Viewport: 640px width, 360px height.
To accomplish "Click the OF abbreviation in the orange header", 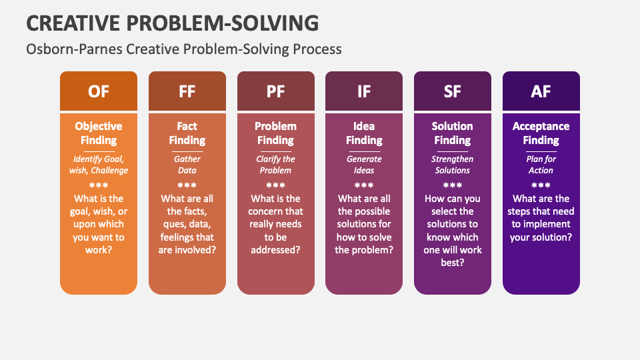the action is [99, 91].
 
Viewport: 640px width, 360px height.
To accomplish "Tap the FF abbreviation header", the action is [187, 91].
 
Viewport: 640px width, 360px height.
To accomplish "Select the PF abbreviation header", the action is [275, 91].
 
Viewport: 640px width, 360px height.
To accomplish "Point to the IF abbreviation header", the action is [364, 91].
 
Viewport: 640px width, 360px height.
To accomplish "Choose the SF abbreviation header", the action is [452, 91].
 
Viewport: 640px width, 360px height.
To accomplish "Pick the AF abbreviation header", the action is [541, 91].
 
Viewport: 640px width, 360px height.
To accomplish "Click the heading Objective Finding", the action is [99, 133].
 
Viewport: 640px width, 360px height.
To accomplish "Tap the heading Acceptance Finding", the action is [541, 133].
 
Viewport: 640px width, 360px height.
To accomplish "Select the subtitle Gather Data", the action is [187, 165].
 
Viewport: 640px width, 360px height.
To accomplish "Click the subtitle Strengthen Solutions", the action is [452, 165].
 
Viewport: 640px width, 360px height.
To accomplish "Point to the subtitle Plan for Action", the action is [541, 165].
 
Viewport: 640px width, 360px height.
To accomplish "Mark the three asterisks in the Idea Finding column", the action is [364, 185].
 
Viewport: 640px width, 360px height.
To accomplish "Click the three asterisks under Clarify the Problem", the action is [275, 185].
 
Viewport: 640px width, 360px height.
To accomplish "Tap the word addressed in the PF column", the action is [275, 250].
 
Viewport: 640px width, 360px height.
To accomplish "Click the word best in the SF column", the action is [452, 263].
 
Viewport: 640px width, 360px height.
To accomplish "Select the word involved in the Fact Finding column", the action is [193, 250].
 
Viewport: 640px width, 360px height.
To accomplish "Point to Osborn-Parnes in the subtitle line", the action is [74, 49].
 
